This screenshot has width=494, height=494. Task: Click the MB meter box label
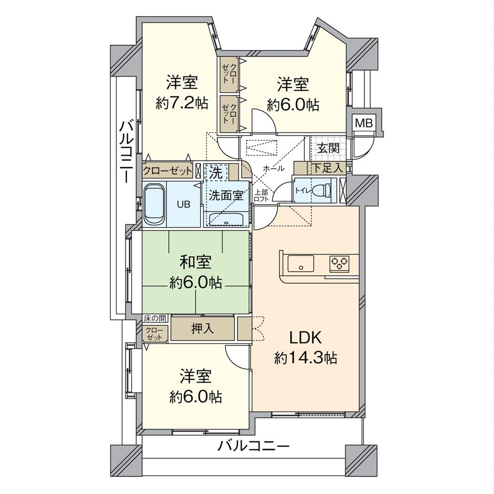(x=364, y=123)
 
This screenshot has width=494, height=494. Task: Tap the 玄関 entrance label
(x=328, y=148)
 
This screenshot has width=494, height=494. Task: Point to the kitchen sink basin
(x=301, y=264)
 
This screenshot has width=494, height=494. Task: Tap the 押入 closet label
(x=202, y=328)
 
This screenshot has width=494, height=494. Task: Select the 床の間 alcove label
(x=154, y=319)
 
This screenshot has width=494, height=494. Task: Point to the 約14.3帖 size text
(x=306, y=358)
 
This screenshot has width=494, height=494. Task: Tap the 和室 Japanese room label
(x=196, y=262)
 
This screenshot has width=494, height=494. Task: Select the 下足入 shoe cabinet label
(x=327, y=169)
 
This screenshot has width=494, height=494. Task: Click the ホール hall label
(x=274, y=169)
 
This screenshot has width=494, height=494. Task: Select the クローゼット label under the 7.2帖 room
(x=168, y=171)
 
